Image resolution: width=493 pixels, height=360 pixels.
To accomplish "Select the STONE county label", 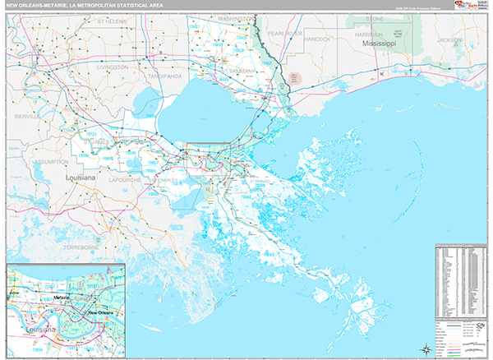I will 374,17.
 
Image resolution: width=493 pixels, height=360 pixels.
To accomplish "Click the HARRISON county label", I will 381,35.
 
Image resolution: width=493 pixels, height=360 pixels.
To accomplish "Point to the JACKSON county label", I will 451,39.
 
